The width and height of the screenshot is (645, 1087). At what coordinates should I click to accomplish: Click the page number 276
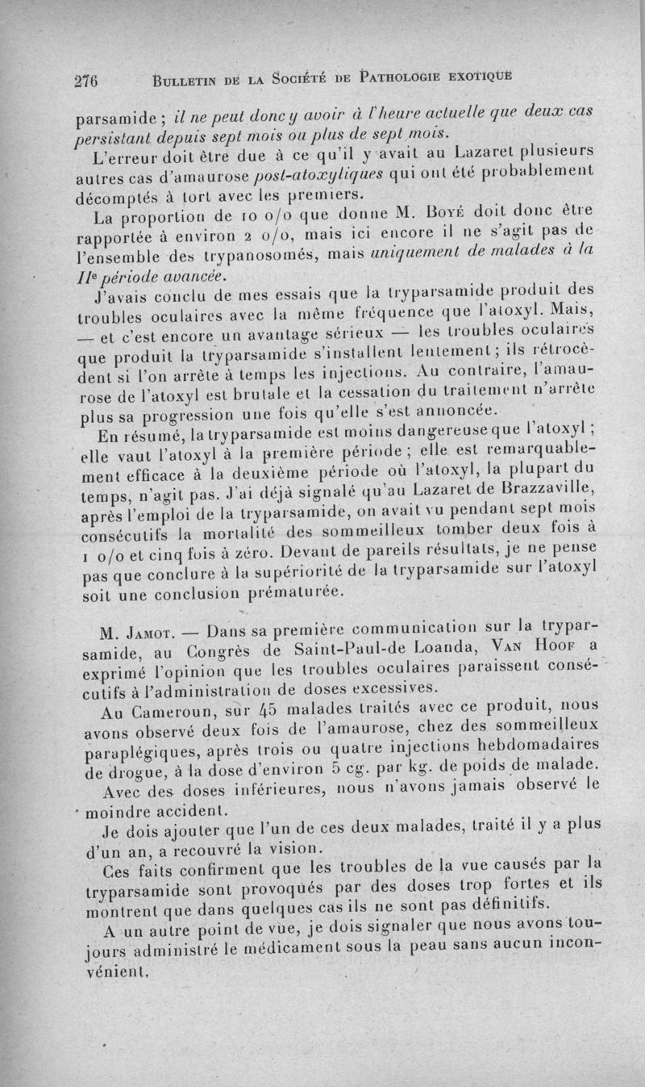click(85, 81)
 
